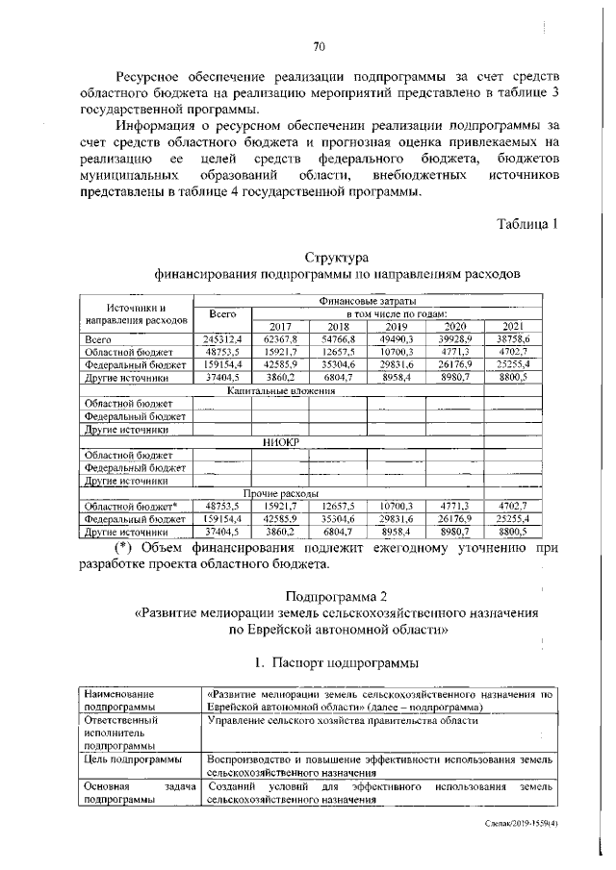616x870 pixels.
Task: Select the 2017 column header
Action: pos(280,326)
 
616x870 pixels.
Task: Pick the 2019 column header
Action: pos(396,326)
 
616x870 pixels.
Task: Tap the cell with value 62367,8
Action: pos(281,339)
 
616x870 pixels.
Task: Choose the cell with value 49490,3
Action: pos(397,339)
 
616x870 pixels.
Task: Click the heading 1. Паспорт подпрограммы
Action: pos(336,663)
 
